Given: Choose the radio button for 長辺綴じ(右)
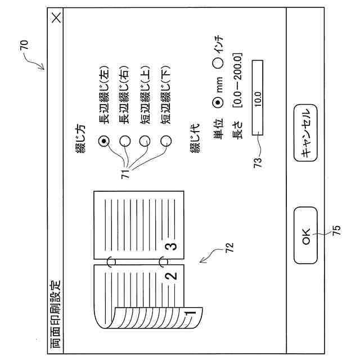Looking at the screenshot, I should point(125,142).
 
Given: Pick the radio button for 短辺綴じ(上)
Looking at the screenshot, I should point(146,142).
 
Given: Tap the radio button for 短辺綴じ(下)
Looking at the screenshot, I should point(166,142).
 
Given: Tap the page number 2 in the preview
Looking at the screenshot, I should point(173,276).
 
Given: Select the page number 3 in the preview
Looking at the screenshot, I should point(173,246).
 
